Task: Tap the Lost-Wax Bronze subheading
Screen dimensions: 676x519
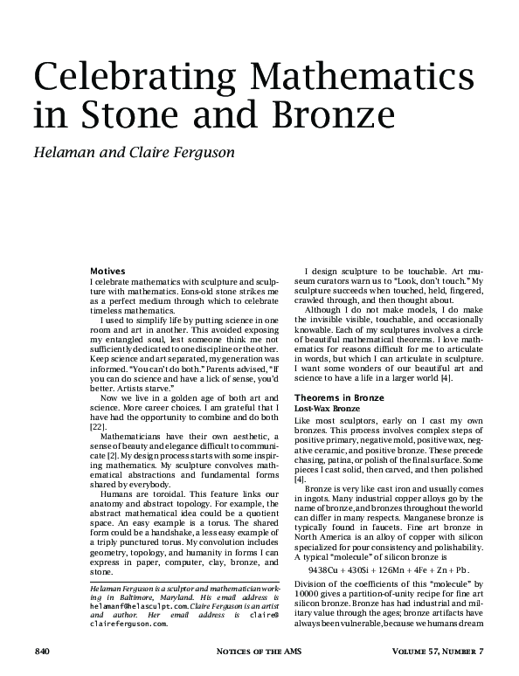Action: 325,408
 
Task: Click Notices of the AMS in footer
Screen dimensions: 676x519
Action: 259,652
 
